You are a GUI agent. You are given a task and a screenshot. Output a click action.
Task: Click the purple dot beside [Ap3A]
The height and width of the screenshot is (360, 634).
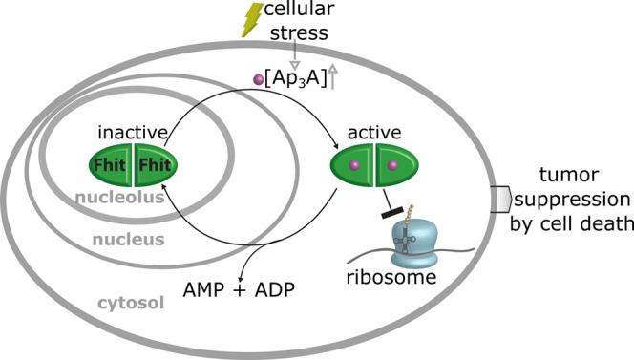coord(256,79)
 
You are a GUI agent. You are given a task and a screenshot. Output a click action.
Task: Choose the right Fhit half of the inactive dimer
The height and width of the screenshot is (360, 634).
coord(156,164)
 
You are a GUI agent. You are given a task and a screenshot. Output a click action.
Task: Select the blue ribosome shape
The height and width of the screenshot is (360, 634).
coord(400,246)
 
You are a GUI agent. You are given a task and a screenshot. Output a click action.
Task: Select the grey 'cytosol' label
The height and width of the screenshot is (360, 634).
coord(128,303)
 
